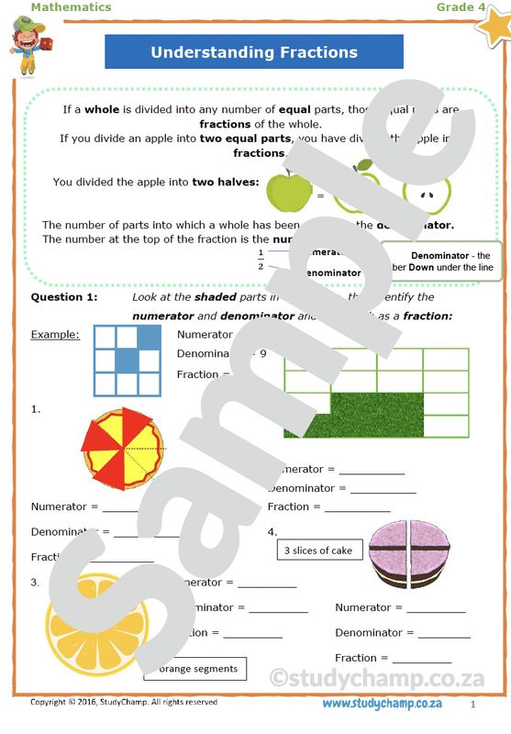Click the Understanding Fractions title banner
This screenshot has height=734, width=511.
point(254,52)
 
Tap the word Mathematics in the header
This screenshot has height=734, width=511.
point(71,7)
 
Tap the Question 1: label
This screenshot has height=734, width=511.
point(63,297)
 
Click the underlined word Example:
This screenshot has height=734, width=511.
point(55,334)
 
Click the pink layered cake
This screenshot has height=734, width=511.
point(411,554)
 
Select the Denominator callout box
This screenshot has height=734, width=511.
point(442,261)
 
